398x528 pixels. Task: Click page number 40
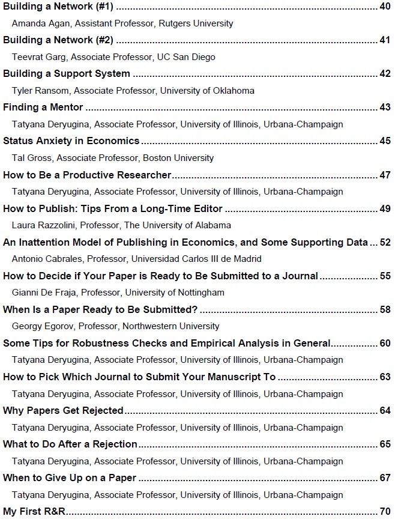click(x=385, y=7)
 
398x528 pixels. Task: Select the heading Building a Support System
click(x=67, y=74)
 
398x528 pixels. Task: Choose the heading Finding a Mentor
click(x=43, y=108)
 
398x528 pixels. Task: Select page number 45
click(x=385, y=141)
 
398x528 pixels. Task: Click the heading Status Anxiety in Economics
click(x=71, y=141)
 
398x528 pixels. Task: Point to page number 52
click(x=385, y=242)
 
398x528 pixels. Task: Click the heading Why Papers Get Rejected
click(x=63, y=410)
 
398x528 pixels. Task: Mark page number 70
click(x=385, y=512)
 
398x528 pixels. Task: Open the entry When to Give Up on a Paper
click(x=70, y=478)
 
